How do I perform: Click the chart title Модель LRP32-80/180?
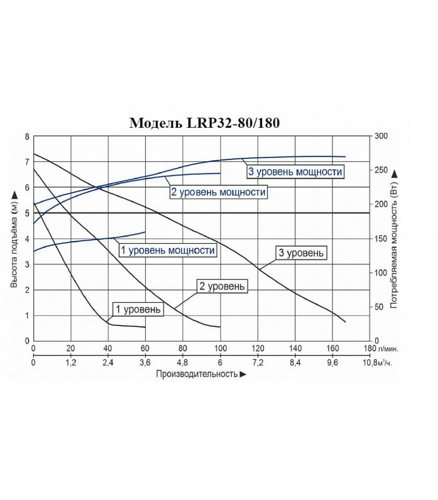click(x=205, y=123)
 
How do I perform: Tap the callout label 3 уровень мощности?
click(x=295, y=172)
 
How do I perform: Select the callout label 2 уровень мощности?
click(x=218, y=192)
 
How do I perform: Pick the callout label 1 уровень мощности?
click(x=168, y=250)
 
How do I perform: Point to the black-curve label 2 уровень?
click(x=222, y=286)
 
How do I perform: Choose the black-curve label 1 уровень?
click(x=138, y=309)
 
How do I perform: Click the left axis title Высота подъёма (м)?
click(x=14, y=239)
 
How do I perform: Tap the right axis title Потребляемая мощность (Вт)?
click(x=394, y=239)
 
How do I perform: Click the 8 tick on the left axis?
click(x=27, y=137)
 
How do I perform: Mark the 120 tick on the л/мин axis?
click(x=258, y=348)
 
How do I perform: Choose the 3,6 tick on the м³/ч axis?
click(x=145, y=363)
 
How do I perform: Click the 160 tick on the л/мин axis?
click(x=333, y=348)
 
